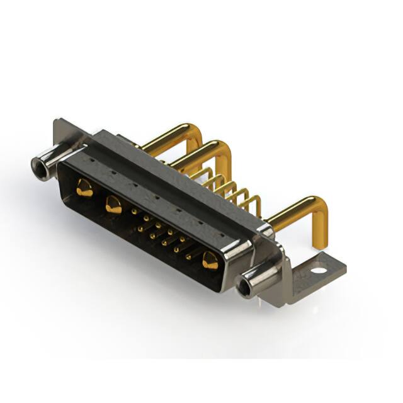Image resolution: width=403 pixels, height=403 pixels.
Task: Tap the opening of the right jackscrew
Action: pyautogui.click(x=244, y=288)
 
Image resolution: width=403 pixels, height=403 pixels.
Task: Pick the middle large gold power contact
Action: pyautogui.click(x=113, y=204)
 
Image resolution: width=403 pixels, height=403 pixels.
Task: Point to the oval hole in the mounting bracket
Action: pyautogui.click(x=319, y=271)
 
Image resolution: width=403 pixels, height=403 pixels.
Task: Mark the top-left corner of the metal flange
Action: pyautogui.click(x=57, y=122)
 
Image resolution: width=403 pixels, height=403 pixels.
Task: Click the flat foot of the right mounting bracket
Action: pyautogui.click(x=315, y=274)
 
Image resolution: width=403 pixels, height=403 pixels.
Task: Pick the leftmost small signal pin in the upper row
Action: pyautogui.click(x=134, y=212)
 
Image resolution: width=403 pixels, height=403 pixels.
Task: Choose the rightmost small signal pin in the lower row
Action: pyautogui.click(x=188, y=256)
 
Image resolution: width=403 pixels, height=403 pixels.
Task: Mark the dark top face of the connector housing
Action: pyautogui.click(x=170, y=176)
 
